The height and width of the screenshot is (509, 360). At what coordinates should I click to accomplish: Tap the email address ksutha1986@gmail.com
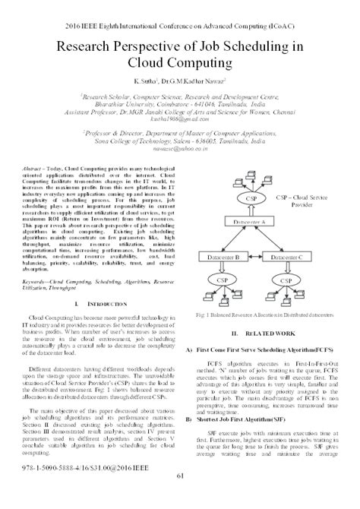pos(179,120)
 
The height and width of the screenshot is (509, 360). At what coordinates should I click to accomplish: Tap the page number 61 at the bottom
pos(180,497)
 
